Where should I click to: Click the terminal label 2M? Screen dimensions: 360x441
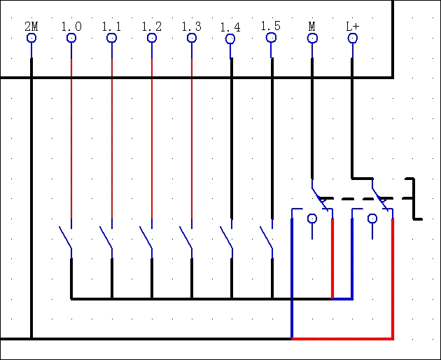(x=31, y=27)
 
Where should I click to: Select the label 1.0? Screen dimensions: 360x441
(x=71, y=27)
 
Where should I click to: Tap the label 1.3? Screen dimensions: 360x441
(x=192, y=27)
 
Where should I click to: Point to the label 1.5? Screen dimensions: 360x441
(x=271, y=27)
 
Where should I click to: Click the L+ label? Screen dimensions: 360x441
(x=352, y=27)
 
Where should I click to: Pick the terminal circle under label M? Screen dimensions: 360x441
(x=312, y=38)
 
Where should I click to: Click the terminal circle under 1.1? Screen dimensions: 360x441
(x=111, y=38)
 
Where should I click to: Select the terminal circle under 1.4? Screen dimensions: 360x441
(x=231, y=38)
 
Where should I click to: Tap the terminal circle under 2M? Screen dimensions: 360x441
(x=31, y=38)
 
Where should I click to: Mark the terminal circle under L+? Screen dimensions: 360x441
(x=352, y=38)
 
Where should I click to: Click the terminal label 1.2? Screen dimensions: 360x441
(x=152, y=27)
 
